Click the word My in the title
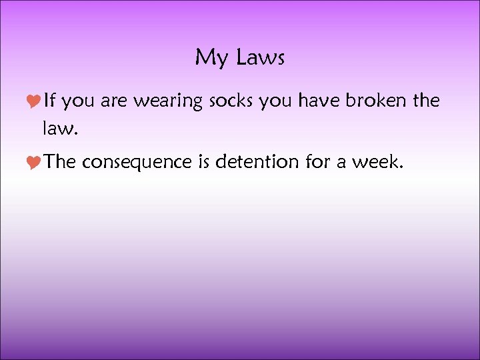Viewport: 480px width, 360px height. pos(211,59)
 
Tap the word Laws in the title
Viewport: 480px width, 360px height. pos(259,58)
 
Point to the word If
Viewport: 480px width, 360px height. pos(51,101)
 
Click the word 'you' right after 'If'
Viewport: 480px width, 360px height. pos(81,102)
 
